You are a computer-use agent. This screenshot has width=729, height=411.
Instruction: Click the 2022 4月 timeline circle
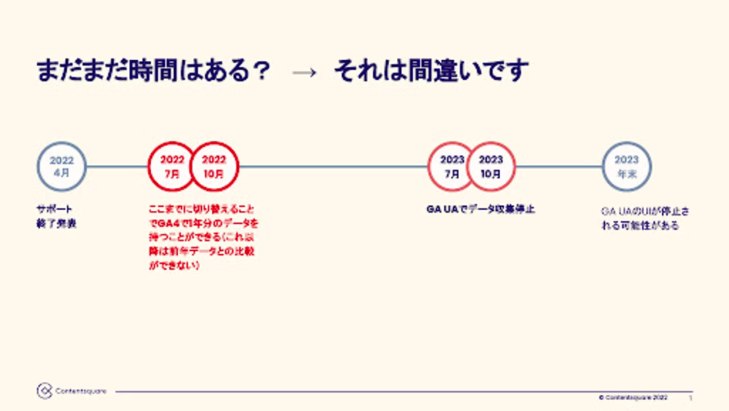tap(61, 166)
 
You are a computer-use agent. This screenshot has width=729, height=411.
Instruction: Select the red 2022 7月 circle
tap(171, 166)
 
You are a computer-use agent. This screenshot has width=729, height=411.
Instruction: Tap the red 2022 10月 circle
tap(215, 166)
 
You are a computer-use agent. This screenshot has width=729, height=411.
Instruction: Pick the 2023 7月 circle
tap(452, 166)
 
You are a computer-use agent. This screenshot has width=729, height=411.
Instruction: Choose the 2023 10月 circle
tap(491, 166)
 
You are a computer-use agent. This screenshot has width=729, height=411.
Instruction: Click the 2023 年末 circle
tap(626, 166)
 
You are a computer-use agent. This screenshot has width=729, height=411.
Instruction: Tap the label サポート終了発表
tap(56, 216)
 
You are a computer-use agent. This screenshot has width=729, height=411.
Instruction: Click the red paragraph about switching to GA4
tap(203, 237)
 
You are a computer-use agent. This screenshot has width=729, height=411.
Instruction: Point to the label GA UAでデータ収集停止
tap(480, 210)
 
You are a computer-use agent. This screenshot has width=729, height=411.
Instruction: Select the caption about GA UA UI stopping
tap(645, 218)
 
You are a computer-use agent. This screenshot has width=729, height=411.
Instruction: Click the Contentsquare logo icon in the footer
tap(45, 391)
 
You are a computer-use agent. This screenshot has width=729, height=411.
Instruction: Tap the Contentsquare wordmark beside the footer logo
tap(80, 391)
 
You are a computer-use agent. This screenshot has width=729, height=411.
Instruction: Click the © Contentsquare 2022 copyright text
tap(633, 397)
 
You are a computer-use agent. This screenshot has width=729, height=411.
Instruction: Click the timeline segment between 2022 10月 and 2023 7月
tap(333, 166)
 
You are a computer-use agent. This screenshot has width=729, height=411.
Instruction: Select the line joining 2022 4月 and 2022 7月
tap(117, 166)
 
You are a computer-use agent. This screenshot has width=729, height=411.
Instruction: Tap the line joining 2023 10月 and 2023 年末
tap(559, 166)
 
